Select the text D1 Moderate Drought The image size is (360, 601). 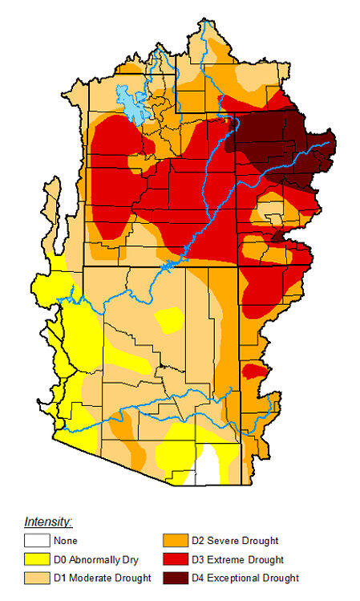[103, 579]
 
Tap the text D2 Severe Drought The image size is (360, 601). [233, 542]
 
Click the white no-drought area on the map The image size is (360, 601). [208, 465]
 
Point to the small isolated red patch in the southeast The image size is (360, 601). [253, 372]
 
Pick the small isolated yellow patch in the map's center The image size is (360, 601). [169, 320]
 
